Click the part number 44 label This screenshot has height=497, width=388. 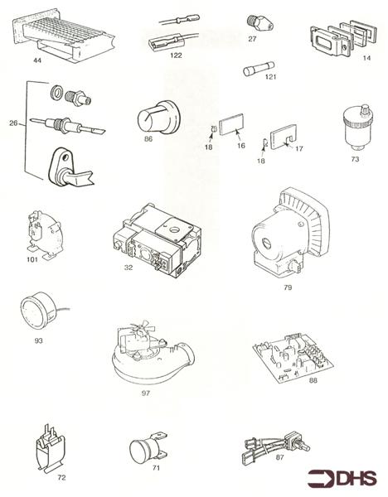point(37,60)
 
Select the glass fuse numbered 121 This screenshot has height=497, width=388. point(259,69)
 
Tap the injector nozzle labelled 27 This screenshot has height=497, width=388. point(259,23)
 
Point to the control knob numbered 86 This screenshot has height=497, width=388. point(159,118)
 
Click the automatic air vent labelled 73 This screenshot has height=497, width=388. point(358,128)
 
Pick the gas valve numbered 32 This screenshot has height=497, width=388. point(158,240)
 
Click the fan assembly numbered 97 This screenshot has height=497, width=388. point(153,353)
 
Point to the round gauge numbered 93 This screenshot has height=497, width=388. point(40,311)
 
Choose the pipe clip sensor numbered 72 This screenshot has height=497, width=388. point(50,448)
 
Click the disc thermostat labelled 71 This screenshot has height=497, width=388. point(148,446)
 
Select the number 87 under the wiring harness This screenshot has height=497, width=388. point(279,457)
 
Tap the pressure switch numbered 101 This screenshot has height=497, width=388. point(44,235)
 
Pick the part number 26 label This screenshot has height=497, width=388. point(13,123)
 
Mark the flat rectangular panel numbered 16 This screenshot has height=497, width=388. point(232,124)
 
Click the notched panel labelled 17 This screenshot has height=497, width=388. point(283,137)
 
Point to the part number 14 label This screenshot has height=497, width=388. point(366,58)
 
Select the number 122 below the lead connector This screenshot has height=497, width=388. point(176,55)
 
